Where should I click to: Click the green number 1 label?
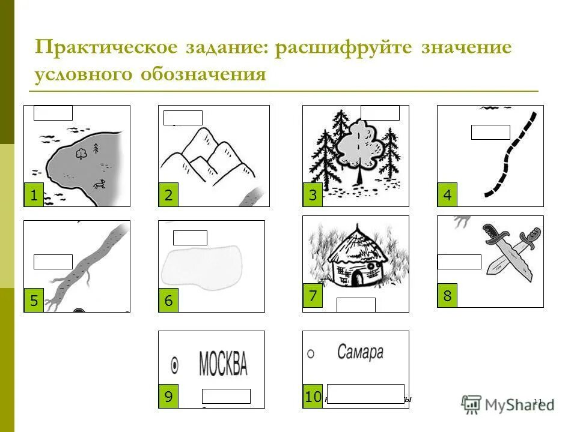(34, 195)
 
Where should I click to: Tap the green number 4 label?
(447, 195)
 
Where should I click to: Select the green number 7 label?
(313, 296)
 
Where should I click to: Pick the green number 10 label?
(312, 397)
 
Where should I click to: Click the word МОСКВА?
(222, 363)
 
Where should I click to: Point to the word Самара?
(360, 352)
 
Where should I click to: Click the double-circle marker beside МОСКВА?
(175, 364)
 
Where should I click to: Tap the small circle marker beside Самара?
(311, 353)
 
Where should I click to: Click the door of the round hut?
(356, 278)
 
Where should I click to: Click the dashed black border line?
(510, 156)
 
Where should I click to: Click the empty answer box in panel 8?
(459, 262)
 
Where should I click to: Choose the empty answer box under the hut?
(356, 305)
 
